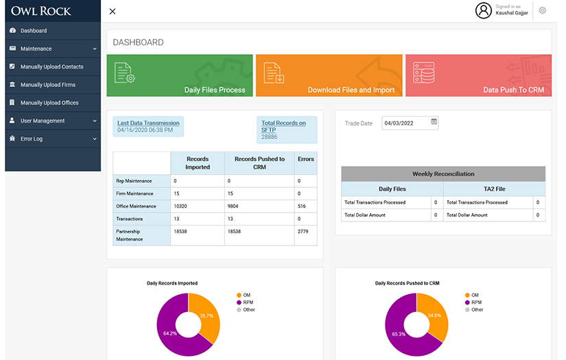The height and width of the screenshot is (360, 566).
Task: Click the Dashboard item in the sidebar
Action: point(34,31)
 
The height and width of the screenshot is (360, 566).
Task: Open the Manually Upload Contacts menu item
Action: point(51,67)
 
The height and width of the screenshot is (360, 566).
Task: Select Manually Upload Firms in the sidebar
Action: point(47,85)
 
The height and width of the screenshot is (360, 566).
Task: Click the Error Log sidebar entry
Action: point(31,139)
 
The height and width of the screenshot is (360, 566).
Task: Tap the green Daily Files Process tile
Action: point(180,75)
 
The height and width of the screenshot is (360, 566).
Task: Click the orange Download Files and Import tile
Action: point(329,75)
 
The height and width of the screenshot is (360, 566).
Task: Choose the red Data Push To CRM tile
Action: point(477,75)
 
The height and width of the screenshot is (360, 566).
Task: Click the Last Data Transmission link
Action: point(148,123)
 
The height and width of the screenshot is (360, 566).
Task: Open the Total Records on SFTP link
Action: point(283,125)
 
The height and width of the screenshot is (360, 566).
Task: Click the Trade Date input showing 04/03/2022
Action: point(405,123)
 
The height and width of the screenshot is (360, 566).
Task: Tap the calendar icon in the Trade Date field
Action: point(434,122)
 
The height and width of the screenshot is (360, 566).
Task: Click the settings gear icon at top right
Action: point(542,10)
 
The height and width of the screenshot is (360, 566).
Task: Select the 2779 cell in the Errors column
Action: point(303,232)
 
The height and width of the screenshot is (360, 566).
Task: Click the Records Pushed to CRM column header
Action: point(259,163)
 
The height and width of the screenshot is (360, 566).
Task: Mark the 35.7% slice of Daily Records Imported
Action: point(207,316)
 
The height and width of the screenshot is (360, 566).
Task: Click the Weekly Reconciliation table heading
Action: point(443,174)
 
